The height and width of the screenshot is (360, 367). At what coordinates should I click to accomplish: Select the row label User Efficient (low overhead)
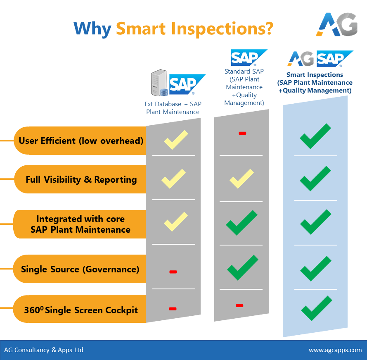pyautogui.click(x=81, y=141)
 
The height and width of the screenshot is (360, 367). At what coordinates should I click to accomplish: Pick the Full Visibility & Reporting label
pyautogui.click(x=81, y=179)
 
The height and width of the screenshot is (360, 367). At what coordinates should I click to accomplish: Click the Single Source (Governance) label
pyautogui.click(x=80, y=269)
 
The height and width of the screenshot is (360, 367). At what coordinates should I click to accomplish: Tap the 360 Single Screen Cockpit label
pyautogui.click(x=81, y=310)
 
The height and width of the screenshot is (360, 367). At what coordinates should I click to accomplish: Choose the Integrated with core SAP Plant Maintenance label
pyautogui.click(x=81, y=224)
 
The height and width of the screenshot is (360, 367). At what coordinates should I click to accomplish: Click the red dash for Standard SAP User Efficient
pyautogui.click(x=242, y=133)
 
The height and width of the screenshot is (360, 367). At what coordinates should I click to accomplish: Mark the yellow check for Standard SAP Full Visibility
pyautogui.click(x=242, y=179)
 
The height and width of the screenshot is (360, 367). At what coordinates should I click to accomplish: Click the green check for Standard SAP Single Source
pyautogui.click(x=243, y=267)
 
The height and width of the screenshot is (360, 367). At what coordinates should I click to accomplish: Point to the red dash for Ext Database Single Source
pyautogui.click(x=173, y=272)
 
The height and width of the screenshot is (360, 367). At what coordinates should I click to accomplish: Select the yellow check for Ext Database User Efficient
pyautogui.click(x=176, y=140)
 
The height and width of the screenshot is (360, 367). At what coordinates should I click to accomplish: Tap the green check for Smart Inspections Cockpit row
pyautogui.click(x=316, y=308)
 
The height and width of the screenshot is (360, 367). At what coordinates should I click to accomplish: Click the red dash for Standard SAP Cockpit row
pyautogui.click(x=239, y=305)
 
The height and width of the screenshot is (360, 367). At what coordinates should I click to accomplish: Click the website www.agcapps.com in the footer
pyautogui.click(x=335, y=350)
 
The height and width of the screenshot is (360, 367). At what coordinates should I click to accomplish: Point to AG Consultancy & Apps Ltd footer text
pyautogui.click(x=44, y=350)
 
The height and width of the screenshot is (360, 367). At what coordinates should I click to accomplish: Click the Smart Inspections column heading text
pyautogui.click(x=315, y=83)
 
